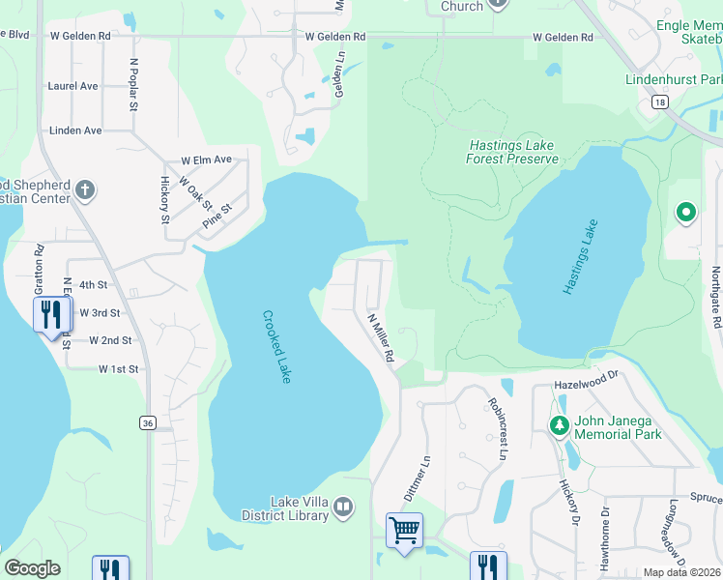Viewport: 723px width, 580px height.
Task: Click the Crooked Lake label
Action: point(276,346)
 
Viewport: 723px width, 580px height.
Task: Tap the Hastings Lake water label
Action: point(580,256)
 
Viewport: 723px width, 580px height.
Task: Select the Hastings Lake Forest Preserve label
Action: point(513,152)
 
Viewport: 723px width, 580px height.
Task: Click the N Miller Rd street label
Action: point(381,337)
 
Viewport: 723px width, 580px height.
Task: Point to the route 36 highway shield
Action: point(147,422)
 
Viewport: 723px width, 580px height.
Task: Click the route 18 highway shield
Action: point(659,101)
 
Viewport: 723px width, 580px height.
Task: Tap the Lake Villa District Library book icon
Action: point(343,507)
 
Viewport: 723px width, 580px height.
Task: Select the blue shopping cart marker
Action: point(404,530)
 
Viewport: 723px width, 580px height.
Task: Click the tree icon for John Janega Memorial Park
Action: point(559,425)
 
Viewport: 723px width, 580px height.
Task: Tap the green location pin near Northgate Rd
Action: point(686,212)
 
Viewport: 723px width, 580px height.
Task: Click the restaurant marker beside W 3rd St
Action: point(50,314)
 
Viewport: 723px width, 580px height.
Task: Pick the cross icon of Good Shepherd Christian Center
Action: point(85,189)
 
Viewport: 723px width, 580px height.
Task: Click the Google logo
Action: point(32,568)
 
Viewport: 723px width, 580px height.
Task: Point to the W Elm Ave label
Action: point(206,159)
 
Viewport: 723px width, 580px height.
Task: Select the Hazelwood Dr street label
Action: point(586,385)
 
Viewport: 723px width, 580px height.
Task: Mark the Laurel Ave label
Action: point(73,86)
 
